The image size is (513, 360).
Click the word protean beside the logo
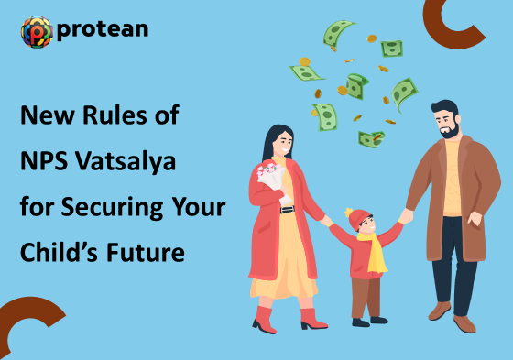tap(102, 31)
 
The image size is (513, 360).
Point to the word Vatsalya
tap(123, 161)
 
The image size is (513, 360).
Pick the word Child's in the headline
tap(56, 251)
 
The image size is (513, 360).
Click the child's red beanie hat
tap(358, 218)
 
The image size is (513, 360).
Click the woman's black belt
tap(286, 209)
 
